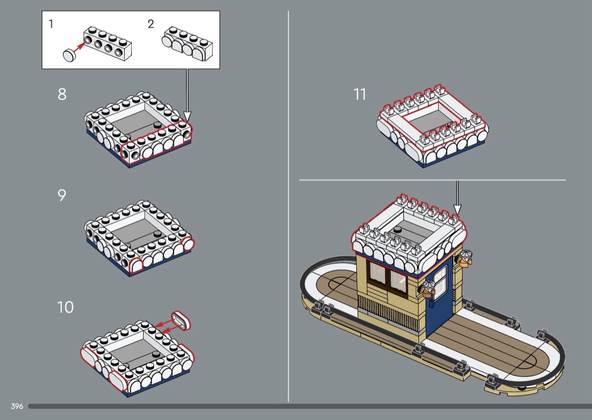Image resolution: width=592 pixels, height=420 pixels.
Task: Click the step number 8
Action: pyautogui.click(x=62, y=94)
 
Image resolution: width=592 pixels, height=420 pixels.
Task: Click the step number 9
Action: pyautogui.click(x=62, y=195)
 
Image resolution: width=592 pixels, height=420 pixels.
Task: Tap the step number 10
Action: pyautogui.click(x=65, y=307)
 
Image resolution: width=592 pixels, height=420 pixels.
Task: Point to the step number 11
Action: pyautogui.click(x=360, y=94)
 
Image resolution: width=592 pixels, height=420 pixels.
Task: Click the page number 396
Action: pyautogui.click(x=17, y=406)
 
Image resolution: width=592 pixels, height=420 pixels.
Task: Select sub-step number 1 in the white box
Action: pyautogui.click(x=51, y=24)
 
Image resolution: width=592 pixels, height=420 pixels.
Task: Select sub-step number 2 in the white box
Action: pyautogui.click(x=151, y=24)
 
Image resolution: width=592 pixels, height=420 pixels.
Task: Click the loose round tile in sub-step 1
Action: pyautogui.click(x=69, y=55)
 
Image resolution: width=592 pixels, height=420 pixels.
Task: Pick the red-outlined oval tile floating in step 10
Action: pyautogui.click(x=181, y=321)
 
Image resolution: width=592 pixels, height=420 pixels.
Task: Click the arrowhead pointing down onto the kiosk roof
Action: pyautogui.click(x=457, y=209)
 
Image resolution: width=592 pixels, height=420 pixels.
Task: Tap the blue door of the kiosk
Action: pyautogui.click(x=439, y=294)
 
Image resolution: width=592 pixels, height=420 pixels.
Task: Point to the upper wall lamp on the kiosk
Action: pyautogui.click(x=465, y=258)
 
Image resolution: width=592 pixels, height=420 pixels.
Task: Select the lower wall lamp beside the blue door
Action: pyautogui.click(x=428, y=288)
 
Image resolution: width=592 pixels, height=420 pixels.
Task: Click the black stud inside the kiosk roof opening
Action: pyautogui.click(x=397, y=229)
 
